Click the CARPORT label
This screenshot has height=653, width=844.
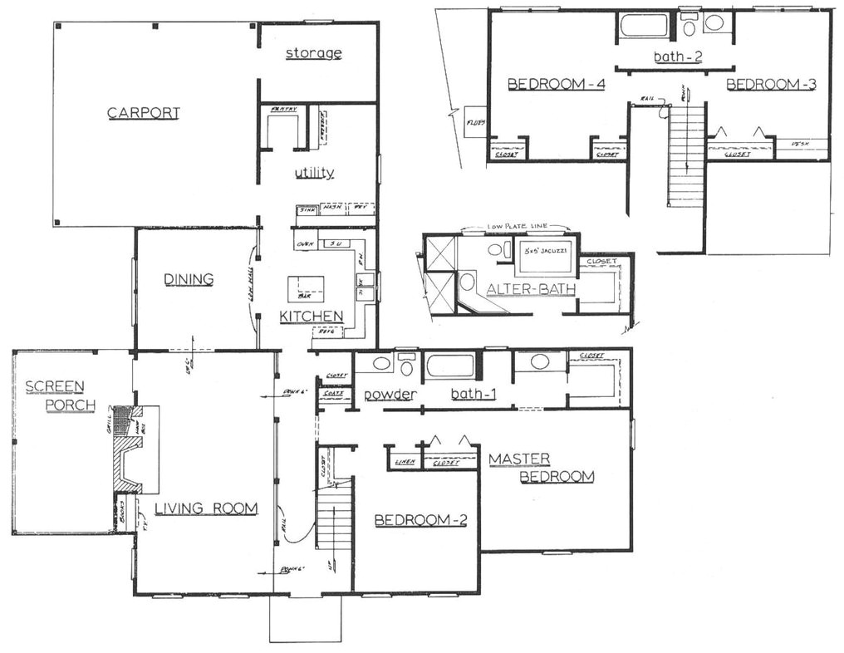coord(144,113)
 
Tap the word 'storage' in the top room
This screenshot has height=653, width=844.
coord(314,53)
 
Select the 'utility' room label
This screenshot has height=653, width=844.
coord(314,173)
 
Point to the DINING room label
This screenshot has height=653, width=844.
coord(189,279)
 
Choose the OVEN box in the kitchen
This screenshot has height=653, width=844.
coord(304,243)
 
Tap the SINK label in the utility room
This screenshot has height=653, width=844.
coord(307,209)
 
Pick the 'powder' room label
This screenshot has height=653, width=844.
coord(388,394)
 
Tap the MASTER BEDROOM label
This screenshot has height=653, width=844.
coord(541,468)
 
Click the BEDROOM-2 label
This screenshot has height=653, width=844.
coord(420,521)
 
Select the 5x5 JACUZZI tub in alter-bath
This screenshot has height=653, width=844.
coord(545,258)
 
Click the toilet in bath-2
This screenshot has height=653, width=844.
coord(689,26)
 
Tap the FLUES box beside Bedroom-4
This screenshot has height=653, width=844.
coord(475,122)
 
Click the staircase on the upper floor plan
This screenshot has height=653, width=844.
coord(687,154)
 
